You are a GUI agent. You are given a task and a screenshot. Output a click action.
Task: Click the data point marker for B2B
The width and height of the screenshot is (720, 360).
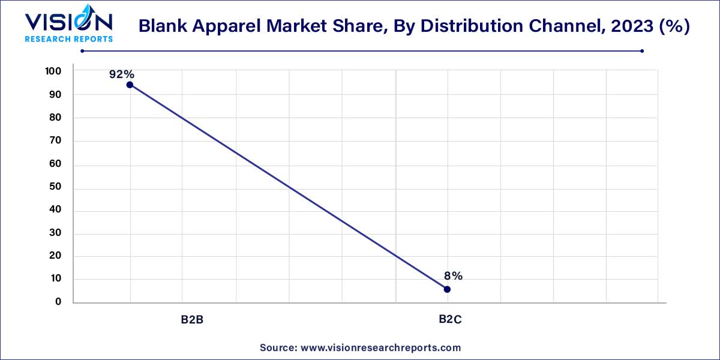(130, 85)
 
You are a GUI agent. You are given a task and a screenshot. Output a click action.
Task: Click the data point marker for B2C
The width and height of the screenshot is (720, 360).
(447, 289)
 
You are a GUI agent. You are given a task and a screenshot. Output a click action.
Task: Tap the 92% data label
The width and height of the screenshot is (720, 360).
(121, 74)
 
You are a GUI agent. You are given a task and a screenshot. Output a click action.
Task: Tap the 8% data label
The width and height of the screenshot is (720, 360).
(453, 276)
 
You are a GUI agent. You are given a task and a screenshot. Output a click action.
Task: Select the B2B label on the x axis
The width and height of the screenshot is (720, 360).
(193, 319)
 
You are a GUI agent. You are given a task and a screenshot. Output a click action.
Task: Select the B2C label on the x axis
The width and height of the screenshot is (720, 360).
(449, 319)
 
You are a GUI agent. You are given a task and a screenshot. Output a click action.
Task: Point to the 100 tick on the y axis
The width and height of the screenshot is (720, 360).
(53, 71)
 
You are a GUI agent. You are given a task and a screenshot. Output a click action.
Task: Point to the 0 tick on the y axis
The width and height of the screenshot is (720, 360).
(58, 302)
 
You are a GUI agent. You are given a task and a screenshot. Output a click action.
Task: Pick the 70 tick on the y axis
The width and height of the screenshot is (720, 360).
(56, 142)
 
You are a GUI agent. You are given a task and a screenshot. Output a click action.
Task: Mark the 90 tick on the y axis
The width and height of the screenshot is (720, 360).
(56, 95)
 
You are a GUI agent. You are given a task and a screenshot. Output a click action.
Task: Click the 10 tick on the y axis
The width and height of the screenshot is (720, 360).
(56, 279)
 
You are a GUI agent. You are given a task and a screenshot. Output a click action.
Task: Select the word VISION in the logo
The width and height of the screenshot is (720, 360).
(68, 22)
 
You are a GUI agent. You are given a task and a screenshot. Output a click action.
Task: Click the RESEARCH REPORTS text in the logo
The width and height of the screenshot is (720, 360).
(68, 39)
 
